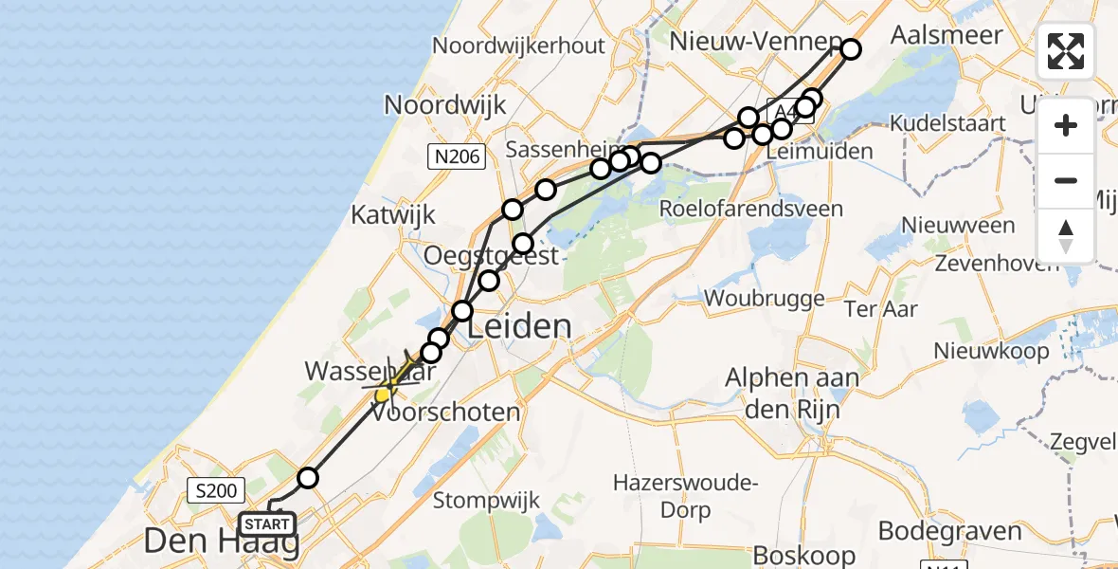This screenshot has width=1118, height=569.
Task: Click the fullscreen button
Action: coord(1066,51)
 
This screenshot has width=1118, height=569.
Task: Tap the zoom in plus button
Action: coord(1066,125)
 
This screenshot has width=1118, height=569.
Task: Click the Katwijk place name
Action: coord(392,213)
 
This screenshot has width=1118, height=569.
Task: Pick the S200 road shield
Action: coord(216,490)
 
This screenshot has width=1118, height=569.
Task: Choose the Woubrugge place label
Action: coord(765,299)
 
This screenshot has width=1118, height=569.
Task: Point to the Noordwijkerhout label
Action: coord(518,46)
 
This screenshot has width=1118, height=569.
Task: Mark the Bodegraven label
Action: coord(950,531)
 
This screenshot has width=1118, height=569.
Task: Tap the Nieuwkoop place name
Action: coord(991,351)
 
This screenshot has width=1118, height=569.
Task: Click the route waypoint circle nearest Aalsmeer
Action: coord(850,49)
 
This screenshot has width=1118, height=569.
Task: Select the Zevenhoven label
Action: coord(996,263)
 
